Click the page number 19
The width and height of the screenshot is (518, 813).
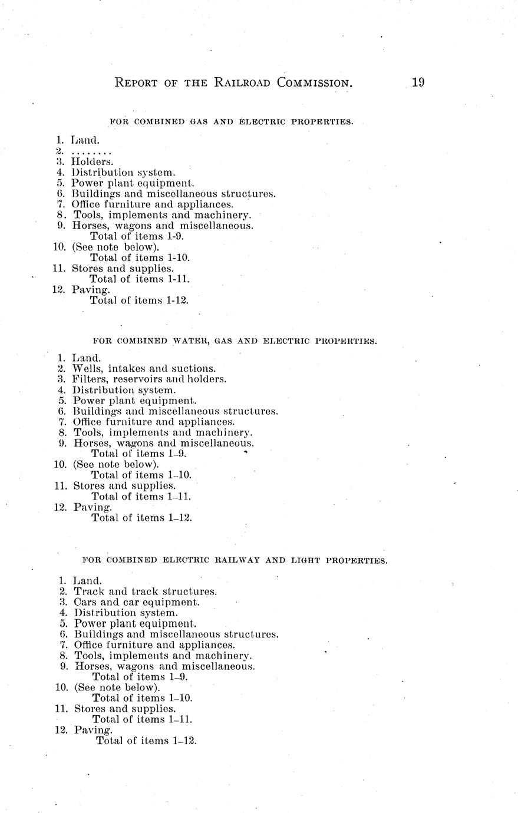(418, 82)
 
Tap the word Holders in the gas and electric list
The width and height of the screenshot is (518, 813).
(93, 161)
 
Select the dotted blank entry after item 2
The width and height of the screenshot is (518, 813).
(91, 151)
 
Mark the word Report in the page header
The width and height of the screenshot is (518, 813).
(136, 83)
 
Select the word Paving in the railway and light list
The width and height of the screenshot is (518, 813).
(93, 731)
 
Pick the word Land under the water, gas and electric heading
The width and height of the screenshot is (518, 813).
(87, 358)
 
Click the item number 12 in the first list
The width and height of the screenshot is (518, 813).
(59, 290)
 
